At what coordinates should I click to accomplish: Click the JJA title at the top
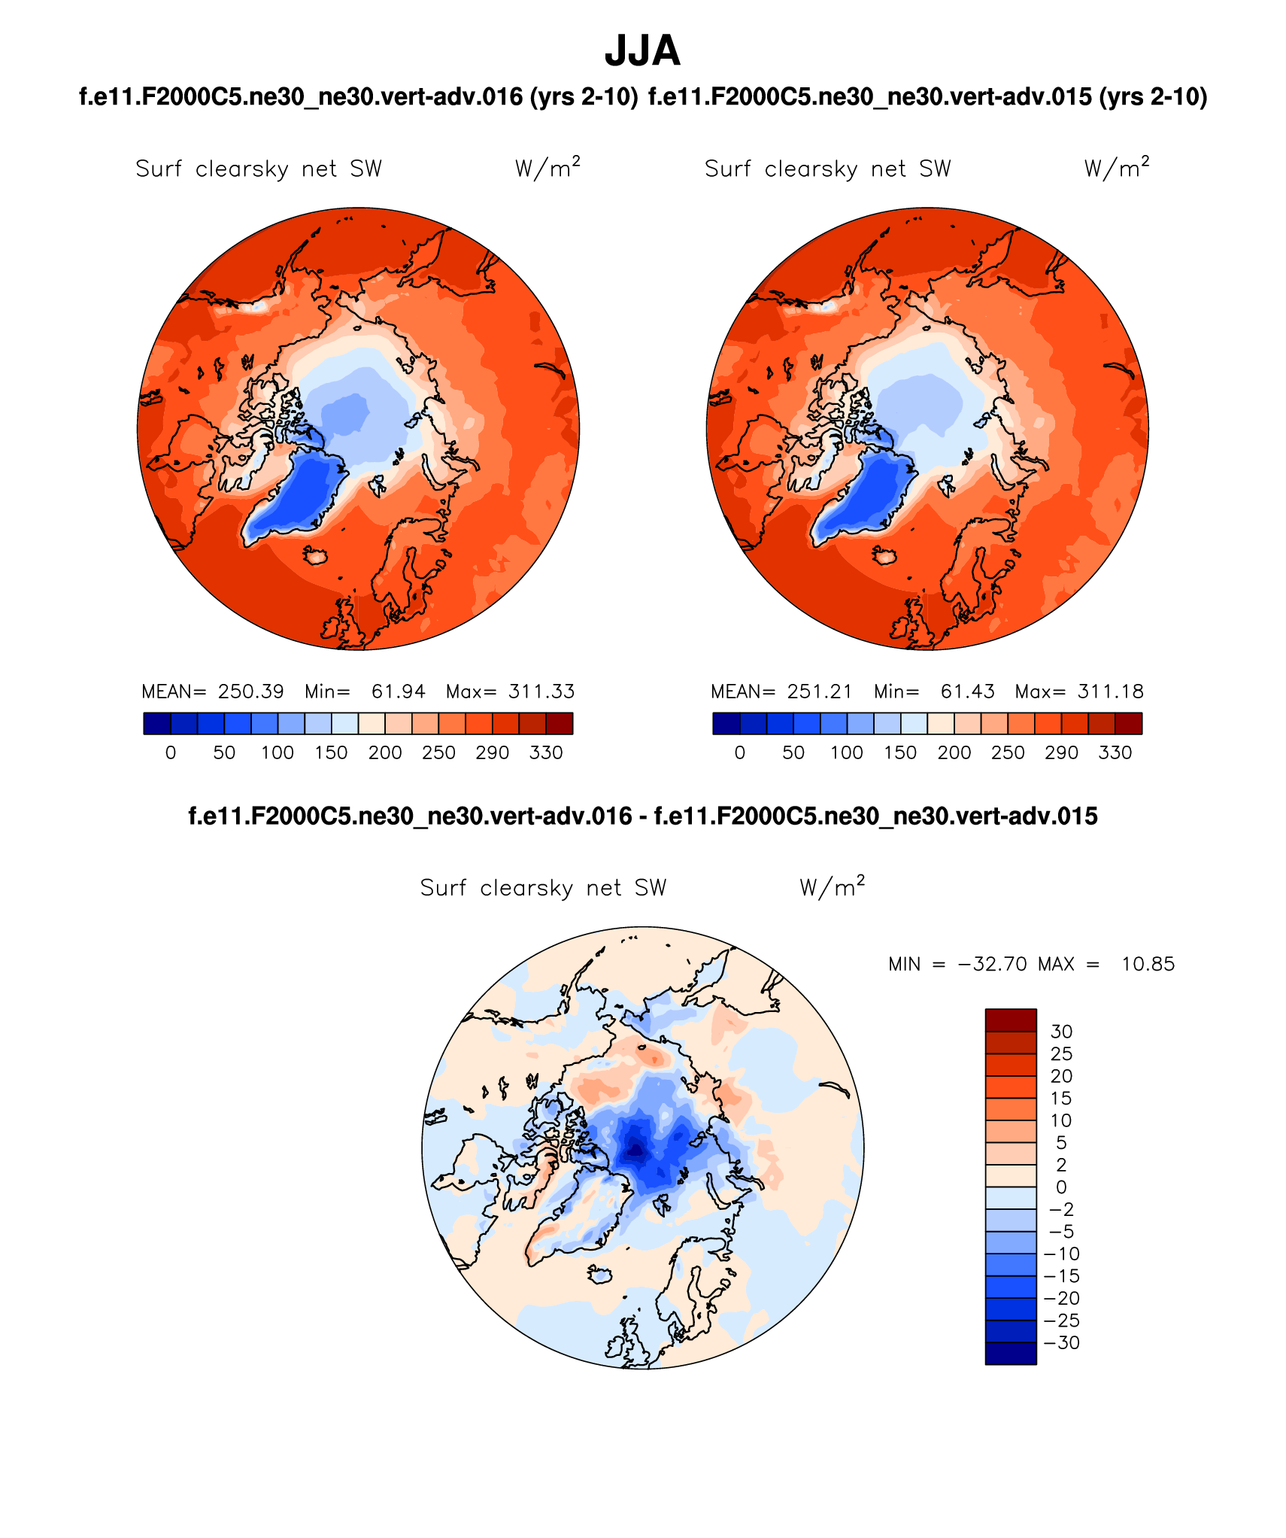click(642, 51)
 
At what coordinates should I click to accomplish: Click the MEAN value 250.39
click(250, 691)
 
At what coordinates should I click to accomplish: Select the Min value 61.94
click(398, 691)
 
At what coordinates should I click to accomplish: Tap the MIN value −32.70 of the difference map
click(992, 964)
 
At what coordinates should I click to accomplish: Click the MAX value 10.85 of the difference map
click(1148, 964)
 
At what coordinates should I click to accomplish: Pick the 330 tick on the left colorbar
click(546, 752)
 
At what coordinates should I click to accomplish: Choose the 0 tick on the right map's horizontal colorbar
click(740, 752)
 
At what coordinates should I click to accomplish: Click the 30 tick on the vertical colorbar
click(1061, 1032)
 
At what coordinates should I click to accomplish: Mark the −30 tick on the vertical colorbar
click(1063, 1342)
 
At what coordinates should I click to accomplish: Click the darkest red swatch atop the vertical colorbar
click(1011, 1020)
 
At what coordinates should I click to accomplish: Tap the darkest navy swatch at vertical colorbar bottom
click(1011, 1353)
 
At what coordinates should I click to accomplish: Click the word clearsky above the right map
click(811, 169)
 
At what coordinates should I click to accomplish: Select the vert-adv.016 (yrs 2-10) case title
click(359, 97)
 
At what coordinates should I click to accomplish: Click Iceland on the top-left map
click(316, 556)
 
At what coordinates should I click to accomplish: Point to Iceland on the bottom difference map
click(600, 1275)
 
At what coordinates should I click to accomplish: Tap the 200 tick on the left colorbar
click(385, 752)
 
